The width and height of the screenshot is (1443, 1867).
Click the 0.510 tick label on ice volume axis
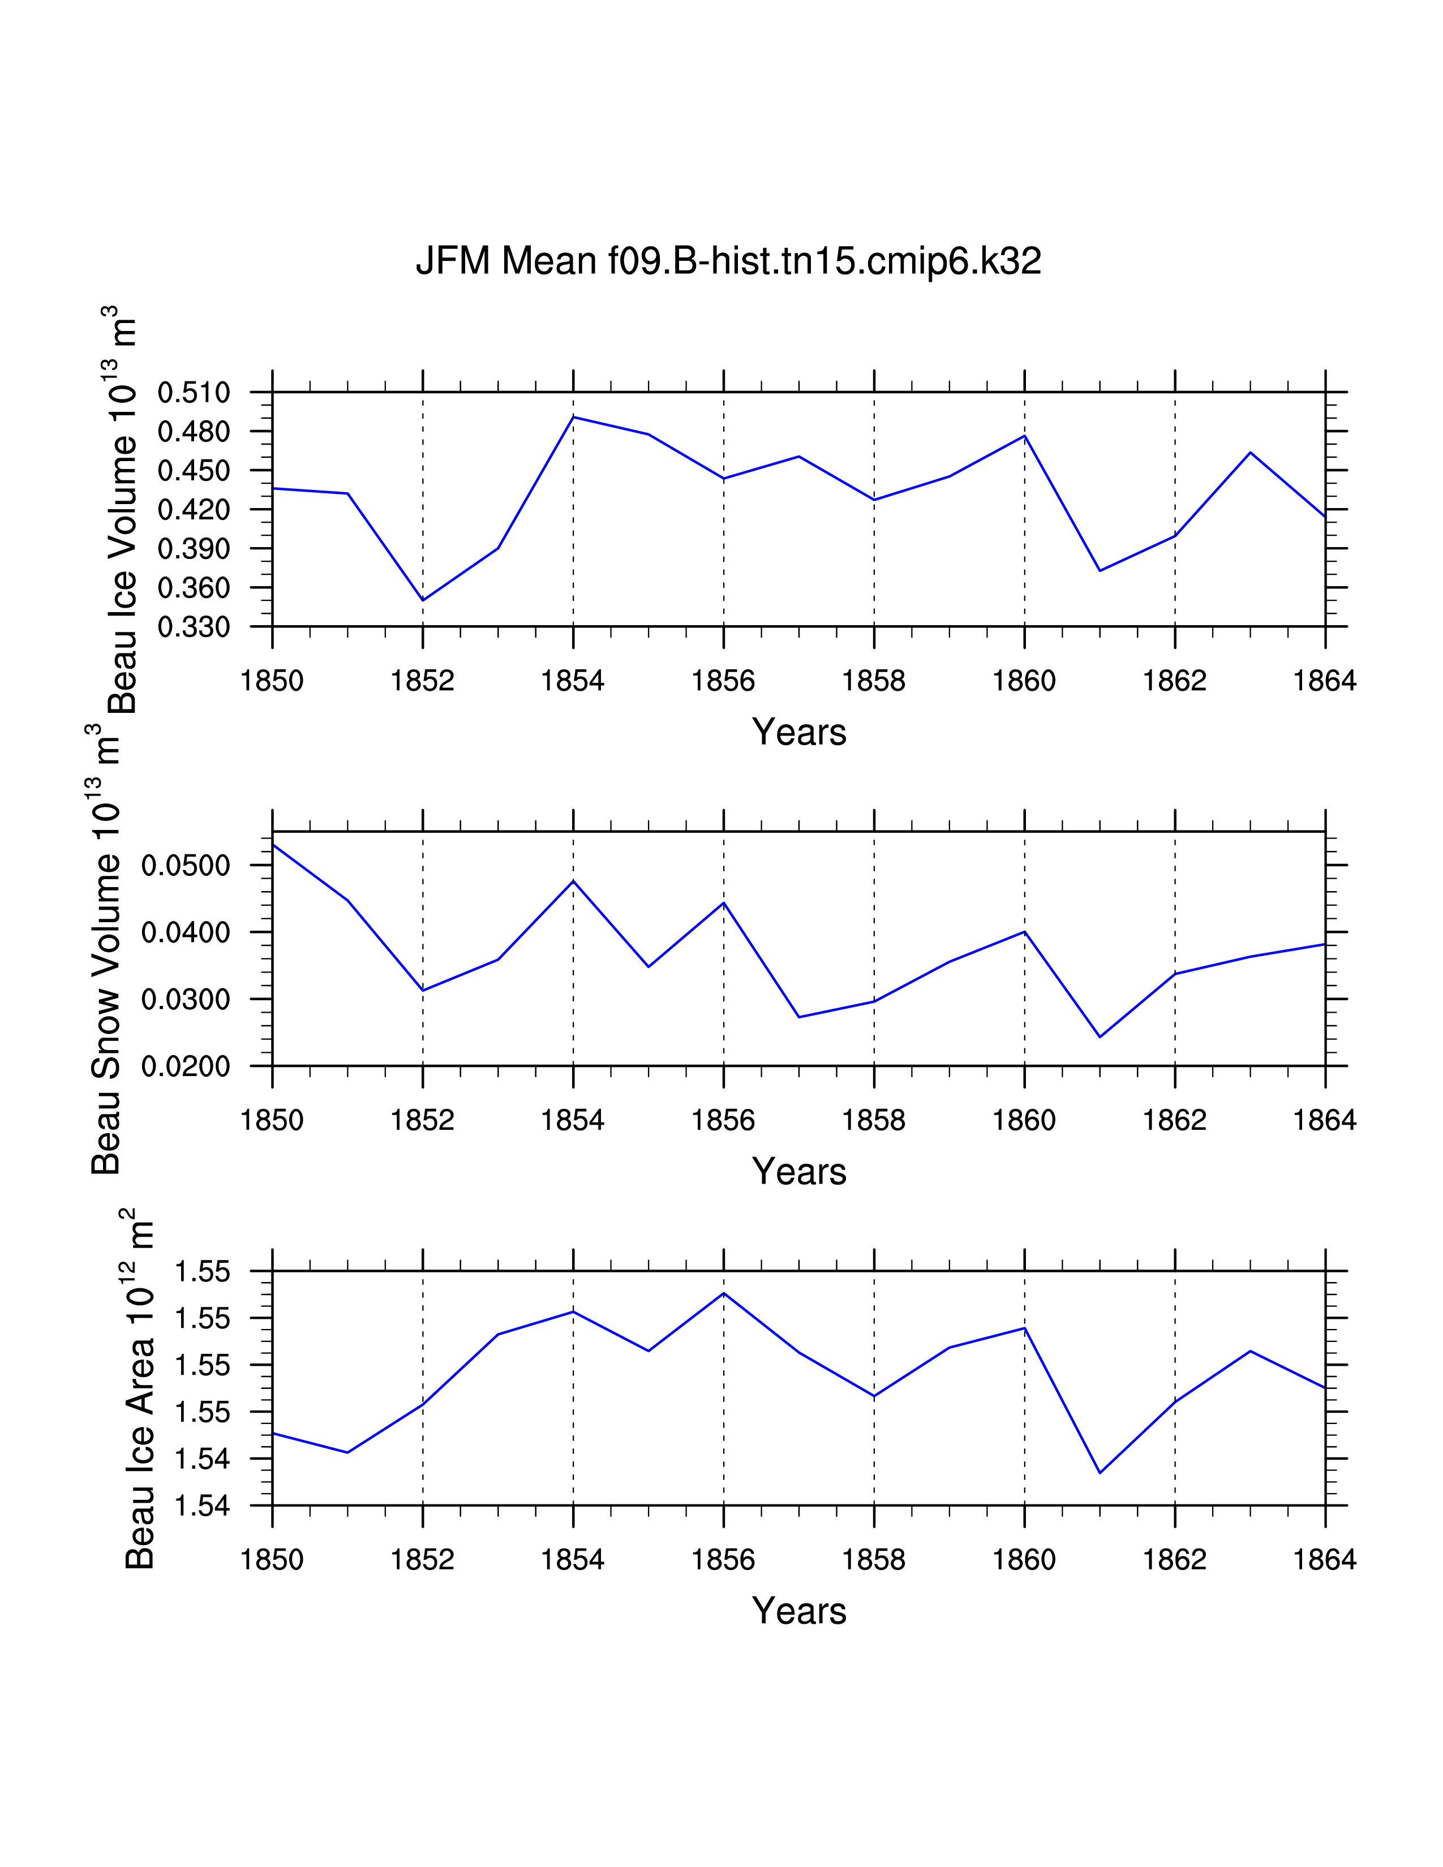pos(194,393)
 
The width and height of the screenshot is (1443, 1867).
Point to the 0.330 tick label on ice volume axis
pos(194,627)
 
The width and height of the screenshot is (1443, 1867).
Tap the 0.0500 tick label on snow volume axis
pos(186,865)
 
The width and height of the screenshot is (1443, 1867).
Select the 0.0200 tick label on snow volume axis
pos(186,1066)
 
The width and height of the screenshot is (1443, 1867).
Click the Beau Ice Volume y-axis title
pos(122,513)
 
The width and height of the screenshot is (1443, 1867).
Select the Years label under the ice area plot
pos(798,1611)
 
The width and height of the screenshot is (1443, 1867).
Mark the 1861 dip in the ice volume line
pos(1100,570)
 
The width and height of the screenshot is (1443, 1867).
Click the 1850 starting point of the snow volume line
pos(273,845)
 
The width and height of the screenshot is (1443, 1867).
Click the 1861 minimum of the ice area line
pos(1100,1473)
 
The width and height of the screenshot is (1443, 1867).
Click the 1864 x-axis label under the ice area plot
pos(1324,1560)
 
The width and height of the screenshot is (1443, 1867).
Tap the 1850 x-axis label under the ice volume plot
pos(272,681)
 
